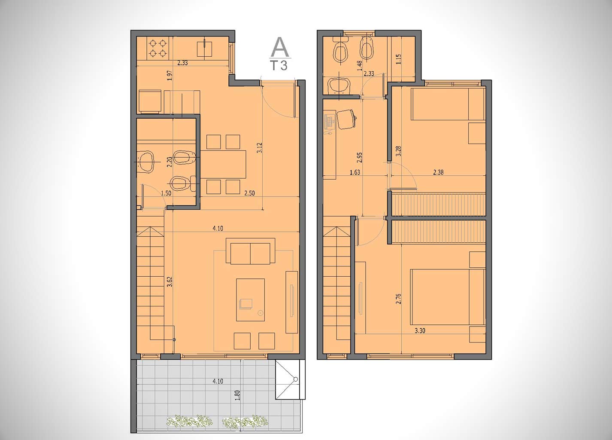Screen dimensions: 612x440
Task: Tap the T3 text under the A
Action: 279,66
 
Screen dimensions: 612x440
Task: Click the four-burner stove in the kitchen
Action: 158,49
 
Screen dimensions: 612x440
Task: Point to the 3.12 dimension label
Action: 260,148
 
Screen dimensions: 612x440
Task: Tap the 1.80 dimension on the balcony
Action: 237,395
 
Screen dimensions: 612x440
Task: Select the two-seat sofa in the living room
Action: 250,251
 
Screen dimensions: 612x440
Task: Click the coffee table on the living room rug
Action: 250,300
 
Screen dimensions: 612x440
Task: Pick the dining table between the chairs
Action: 223,164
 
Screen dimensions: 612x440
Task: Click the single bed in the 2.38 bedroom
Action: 448,104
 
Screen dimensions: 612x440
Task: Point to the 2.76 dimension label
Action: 398,299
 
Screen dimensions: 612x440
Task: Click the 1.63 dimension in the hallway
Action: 355,172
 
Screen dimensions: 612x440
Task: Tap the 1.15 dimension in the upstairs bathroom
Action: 398,59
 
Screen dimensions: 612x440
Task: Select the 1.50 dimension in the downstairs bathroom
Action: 166,193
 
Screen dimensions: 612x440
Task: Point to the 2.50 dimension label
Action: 249,193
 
